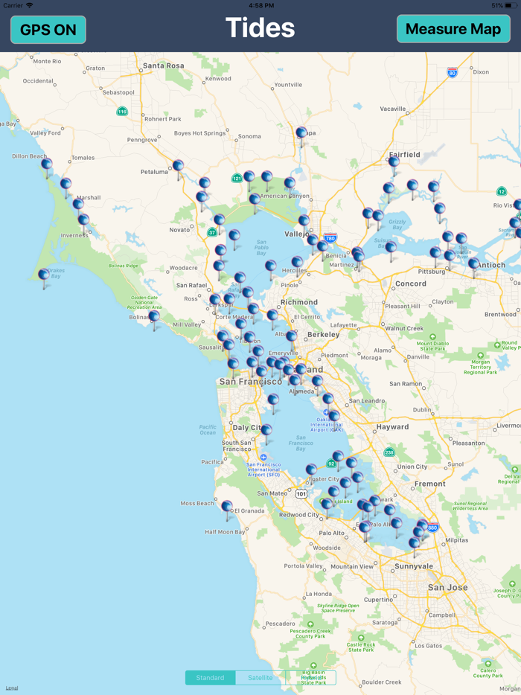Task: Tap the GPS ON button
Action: click(48, 30)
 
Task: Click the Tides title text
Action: click(260, 28)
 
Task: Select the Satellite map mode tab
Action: click(260, 678)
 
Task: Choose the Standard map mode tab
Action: click(210, 678)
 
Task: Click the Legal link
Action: click(12, 688)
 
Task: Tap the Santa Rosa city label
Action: click(163, 65)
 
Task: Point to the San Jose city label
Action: click(447, 587)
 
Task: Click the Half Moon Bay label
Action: click(225, 532)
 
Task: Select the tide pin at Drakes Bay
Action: click(44, 276)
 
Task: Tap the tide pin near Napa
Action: click(301, 134)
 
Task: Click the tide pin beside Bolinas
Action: click(154, 318)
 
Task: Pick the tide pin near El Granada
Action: click(227, 507)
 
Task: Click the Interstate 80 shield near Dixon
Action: click(452, 73)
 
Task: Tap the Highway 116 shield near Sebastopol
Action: click(122, 112)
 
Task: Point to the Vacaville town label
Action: click(393, 109)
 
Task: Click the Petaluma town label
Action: click(154, 172)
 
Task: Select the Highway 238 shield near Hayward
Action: click(389, 452)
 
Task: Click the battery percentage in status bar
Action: click(496, 5)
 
